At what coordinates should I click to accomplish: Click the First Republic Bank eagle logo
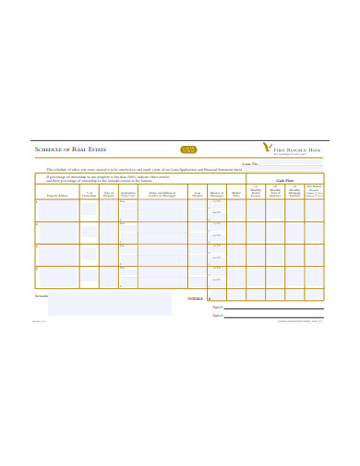point(268,147)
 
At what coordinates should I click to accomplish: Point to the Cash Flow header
point(285,180)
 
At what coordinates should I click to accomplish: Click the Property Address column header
point(57,195)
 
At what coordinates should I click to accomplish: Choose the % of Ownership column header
point(89,194)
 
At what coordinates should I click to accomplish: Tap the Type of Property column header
point(109,194)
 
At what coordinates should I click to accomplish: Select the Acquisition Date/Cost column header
point(129,194)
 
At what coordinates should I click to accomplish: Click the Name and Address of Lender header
point(162,194)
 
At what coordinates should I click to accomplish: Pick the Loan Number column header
point(198,194)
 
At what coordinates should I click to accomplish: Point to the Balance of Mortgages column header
point(217,194)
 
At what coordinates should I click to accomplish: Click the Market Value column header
point(236,194)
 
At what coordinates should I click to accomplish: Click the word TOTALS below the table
point(195,298)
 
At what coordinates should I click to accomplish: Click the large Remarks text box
point(109,305)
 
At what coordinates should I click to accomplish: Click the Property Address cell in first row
point(57,210)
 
